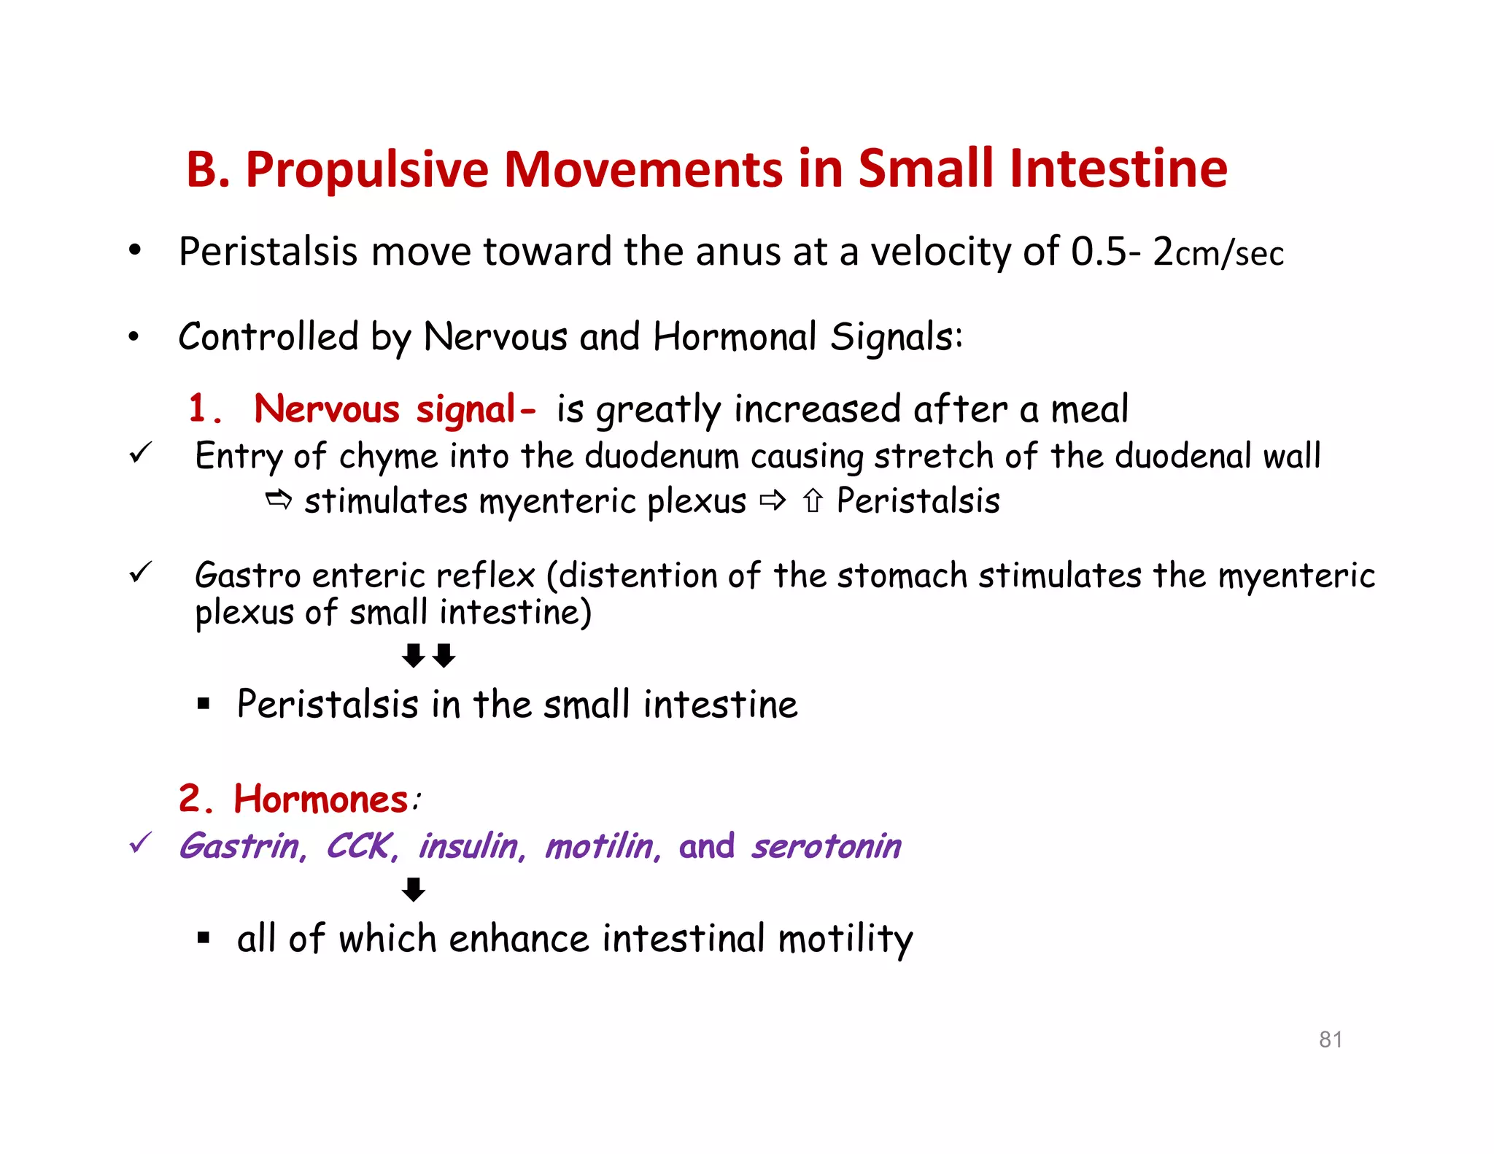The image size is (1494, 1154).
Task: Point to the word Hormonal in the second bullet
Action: point(735,337)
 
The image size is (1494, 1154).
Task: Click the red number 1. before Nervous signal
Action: point(204,408)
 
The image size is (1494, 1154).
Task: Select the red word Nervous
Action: point(326,408)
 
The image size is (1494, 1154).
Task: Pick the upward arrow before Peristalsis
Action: point(813,501)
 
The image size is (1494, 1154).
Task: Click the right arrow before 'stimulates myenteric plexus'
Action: point(279,500)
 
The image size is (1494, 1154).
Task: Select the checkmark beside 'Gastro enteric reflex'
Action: point(140,573)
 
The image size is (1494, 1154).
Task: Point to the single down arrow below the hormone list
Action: point(414,890)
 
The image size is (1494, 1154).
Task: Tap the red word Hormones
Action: point(320,799)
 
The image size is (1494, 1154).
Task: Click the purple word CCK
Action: point(361,847)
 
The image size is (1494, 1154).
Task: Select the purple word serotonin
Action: point(827,847)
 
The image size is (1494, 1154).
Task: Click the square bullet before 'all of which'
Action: point(204,938)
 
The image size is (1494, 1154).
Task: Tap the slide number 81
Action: point(1331,1039)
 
